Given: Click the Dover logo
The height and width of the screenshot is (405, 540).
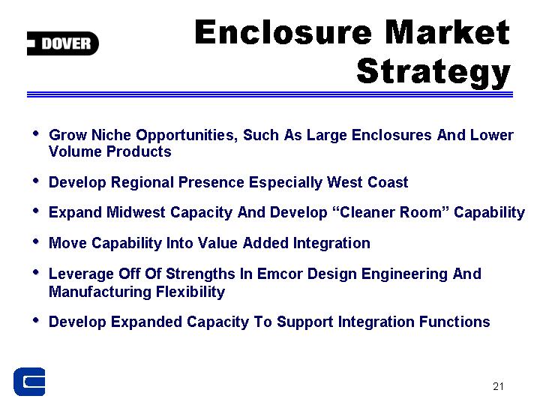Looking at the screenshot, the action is click(63, 43).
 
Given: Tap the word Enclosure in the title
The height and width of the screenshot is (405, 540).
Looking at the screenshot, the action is click(283, 32).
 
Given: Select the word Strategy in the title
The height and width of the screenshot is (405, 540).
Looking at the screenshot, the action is click(433, 72).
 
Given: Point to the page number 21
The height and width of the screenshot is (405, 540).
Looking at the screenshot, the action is click(498, 386).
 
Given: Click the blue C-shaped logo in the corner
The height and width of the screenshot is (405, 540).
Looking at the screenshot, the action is click(29, 382).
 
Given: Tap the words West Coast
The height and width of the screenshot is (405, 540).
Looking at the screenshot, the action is click(367, 182).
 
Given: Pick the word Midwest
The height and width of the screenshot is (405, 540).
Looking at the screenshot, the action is click(136, 212).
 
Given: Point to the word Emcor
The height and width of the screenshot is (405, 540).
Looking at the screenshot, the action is click(280, 274).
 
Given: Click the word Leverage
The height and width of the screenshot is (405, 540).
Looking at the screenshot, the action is click(81, 274).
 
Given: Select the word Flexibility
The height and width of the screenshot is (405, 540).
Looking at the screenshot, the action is click(190, 292).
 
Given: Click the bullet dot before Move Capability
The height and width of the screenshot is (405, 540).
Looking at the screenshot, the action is click(36, 241).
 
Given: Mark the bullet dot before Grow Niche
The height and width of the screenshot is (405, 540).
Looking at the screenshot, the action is click(36, 133).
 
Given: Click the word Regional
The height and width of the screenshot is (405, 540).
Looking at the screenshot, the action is click(142, 183).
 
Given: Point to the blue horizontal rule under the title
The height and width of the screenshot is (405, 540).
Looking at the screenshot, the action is click(270, 94).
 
